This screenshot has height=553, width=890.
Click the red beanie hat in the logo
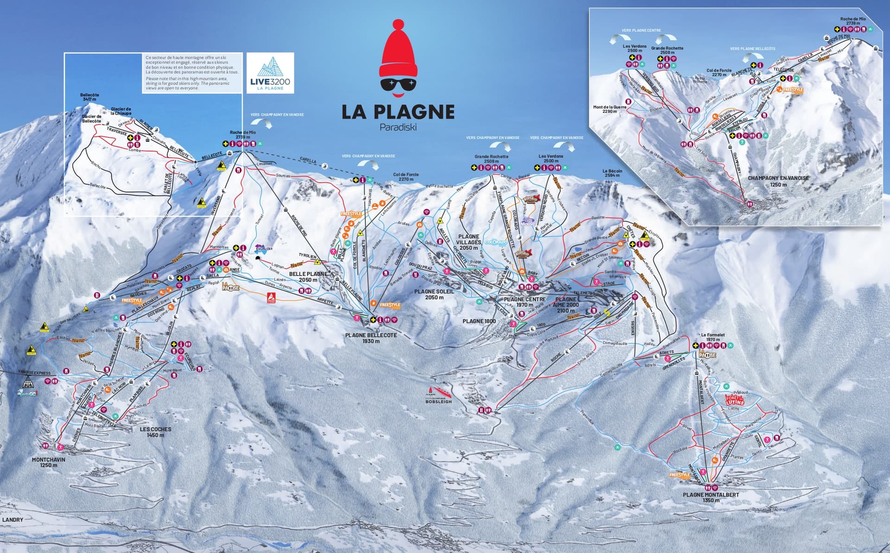pyautogui.click(x=398, y=51)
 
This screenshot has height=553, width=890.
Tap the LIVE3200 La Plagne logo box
pyautogui.click(x=270, y=73)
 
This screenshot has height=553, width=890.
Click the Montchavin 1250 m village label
pyautogui.click(x=49, y=462)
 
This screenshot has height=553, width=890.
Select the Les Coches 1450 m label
pyautogui.click(x=156, y=432)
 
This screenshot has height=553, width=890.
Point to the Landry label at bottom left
pyautogui.click(x=13, y=520)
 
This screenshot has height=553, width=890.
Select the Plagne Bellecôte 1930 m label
pyautogui.click(x=371, y=338)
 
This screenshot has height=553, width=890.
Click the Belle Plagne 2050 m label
pyautogui.click(x=308, y=277)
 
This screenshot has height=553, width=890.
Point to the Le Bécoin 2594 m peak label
pyautogui.click(x=612, y=173)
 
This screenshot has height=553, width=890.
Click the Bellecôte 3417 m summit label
pyautogui.click(x=89, y=97)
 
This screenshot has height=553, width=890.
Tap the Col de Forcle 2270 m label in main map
pyautogui.click(x=406, y=177)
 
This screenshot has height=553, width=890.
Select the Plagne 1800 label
pyautogui.click(x=479, y=321)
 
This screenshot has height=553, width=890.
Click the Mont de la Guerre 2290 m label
pyautogui.click(x=610, y=109)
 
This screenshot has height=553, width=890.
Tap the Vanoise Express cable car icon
pyautogui.click(x=28, y=383)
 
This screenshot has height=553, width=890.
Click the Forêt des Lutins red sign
pyautogui.click(x=734, y=399)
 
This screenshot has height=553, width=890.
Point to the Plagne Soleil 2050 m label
pyautogui.click(x=434, y=294)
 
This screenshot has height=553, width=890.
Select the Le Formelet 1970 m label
pyautogui.click(x=713, y=337)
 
